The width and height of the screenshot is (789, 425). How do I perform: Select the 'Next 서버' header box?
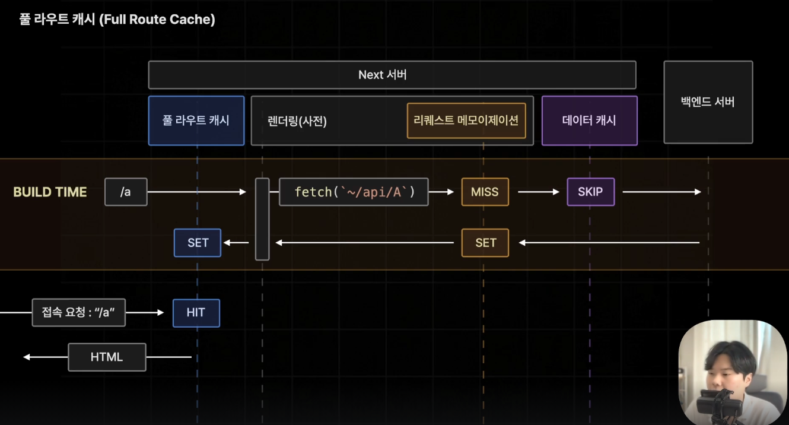pyautogui.click(x=392, y=75)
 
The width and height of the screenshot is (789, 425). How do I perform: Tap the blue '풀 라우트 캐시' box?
pyautogui.click(x=196, y=120)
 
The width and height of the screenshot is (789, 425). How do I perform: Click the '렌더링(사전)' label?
pyautogui.click(x=297, y=121)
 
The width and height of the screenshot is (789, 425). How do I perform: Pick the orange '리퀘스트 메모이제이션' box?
pyautogui.click(x=466, y=120)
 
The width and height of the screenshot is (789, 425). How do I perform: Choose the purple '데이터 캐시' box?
pyautogui.click(x=589, y=120)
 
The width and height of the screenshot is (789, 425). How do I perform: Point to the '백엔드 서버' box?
pyautogui.click(x=708, y=102)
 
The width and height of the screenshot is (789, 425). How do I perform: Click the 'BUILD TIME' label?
pyautogui.click(x=50, y=192)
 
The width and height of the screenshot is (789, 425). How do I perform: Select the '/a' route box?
pyautogui.click(x=126, y=192)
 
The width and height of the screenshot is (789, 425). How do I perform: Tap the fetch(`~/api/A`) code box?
pyautogui.click(x=354, y=192)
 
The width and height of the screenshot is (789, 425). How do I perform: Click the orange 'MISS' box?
pyautogui.click(x=485, y=192)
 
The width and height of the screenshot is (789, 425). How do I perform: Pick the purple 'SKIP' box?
pyautogui.click(x=591, y=192)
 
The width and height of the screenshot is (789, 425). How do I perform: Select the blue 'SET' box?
pyautogui.click(x=198, y=243)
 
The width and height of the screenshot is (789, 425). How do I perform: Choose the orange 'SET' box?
pyautogui.click(x=485, y=243)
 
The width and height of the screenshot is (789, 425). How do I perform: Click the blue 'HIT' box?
pyautogui.click(x=196, y=313)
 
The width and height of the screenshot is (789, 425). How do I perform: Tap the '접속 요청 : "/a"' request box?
pyautogui.click(x=78, y=313)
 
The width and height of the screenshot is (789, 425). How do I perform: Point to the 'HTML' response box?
pyautogui.click(x=107, y=357)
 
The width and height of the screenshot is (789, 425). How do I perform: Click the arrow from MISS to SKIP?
pyautogui.click(x=539, y=192)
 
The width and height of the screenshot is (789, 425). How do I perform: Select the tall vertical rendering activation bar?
pyautogui.click(x=262, y=219)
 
